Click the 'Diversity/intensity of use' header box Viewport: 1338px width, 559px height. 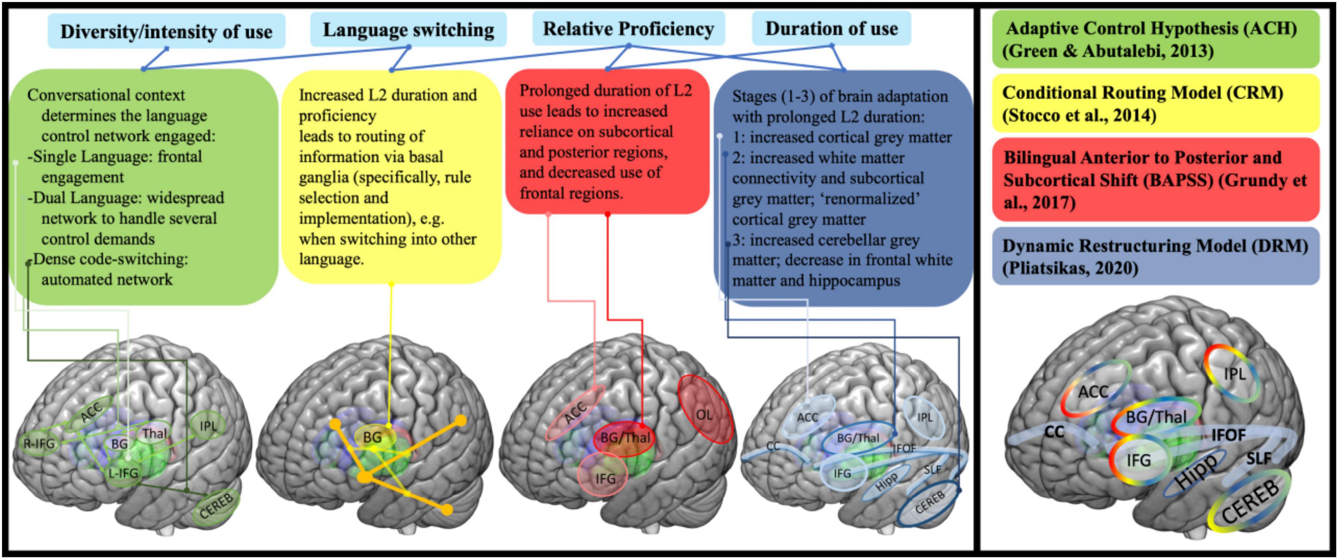pos(166,31)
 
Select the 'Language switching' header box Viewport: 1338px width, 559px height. pos(408,30)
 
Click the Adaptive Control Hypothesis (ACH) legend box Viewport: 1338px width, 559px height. pos(1155,39)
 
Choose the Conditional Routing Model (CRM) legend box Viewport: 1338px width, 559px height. pos(1155,103)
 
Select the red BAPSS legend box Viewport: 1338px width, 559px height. pos(1155,180)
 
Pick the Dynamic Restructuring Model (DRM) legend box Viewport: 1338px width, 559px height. pos(1155,256)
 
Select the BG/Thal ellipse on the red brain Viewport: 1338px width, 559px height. pos(625,438)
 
